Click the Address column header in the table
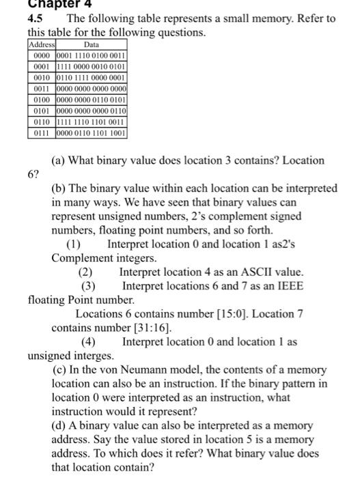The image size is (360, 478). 40,43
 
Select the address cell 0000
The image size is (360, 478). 40,55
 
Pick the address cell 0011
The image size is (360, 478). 40,89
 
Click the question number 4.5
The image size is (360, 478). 36,18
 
